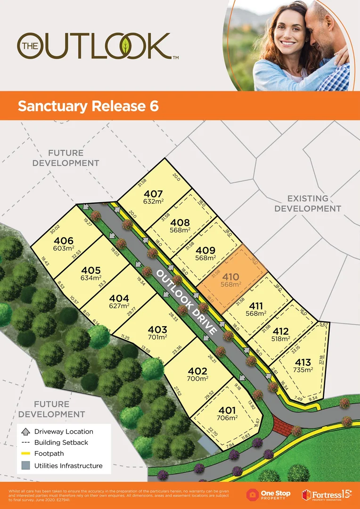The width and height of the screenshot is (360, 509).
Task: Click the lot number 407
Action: click(154, 194)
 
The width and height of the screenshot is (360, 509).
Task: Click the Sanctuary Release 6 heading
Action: click(88, 106)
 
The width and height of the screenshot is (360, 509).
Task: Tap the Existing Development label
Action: click(308, 204)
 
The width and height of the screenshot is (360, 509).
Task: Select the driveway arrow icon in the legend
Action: click(25, 431)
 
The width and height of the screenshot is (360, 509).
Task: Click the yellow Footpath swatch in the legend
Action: click(25, 454)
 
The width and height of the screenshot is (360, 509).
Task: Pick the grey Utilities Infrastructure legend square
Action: click(25, 466)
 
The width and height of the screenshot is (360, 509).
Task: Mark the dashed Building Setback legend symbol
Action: click(25, 443)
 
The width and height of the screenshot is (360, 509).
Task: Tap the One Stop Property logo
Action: click(268, 494)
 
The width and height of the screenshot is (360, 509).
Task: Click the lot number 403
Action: click(157, 329)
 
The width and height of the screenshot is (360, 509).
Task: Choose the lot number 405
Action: click(91, 271)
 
